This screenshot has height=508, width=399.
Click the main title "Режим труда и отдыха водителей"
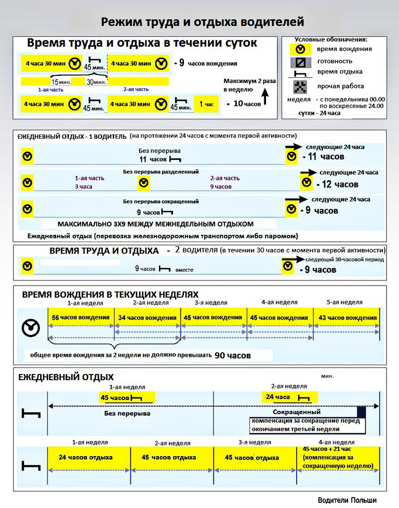pyautogui.click(x=202, y=22)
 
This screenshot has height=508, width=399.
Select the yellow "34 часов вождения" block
pyautogui.click(x=148, y=317)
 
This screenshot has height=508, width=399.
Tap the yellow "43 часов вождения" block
pyautogui.click(x=347, y=317)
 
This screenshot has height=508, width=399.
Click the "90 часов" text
pyautogui.click(x=233, y=356)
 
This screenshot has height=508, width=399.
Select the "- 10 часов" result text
pyautogui.click(x=244, y=104)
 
